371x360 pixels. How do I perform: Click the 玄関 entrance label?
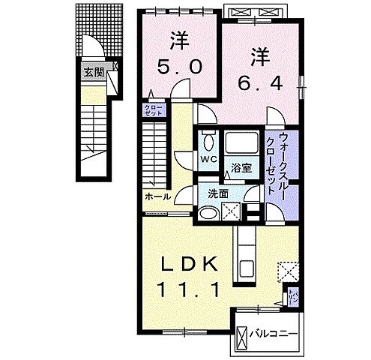point(93,73)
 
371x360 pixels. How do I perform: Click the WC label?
point(208,160)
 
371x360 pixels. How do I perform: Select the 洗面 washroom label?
point(218,193)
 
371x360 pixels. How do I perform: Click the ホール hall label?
point(155,197)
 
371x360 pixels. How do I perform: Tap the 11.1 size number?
point(190,289)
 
